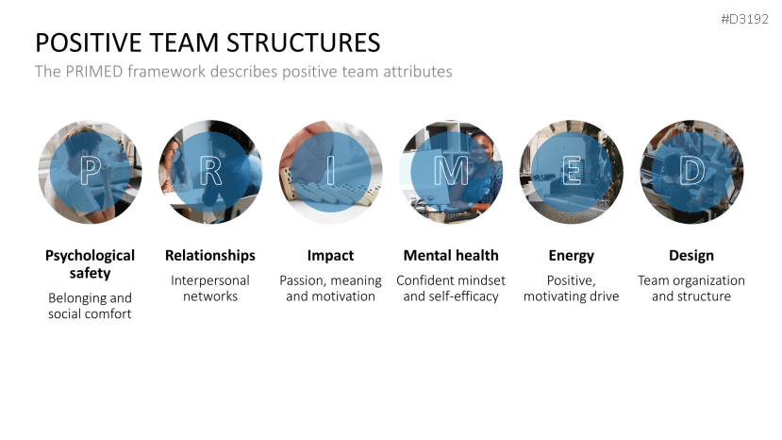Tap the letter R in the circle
pyautogui.click(x=210, y=171)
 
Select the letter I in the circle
pyautogui.click(x=331, y=171)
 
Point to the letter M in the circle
pyautogui.click(x=451, y=171)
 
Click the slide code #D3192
pyautogui.click(x=744, y=20)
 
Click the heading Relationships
pyautogui.click(x=210, y=256)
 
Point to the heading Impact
pyautogui.click(x=330, y=256)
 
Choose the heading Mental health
pyautogui.click(x=451, y=256)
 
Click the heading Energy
pyautogui.click(x=571, y=256)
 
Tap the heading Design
pyautogui.click(x=691, y=256)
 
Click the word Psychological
pyautogui.click(x=90, y=256)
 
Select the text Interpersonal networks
pyautogui.click(x=210, y=288)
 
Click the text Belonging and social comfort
pyautogui.click(x=90, y=306)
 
